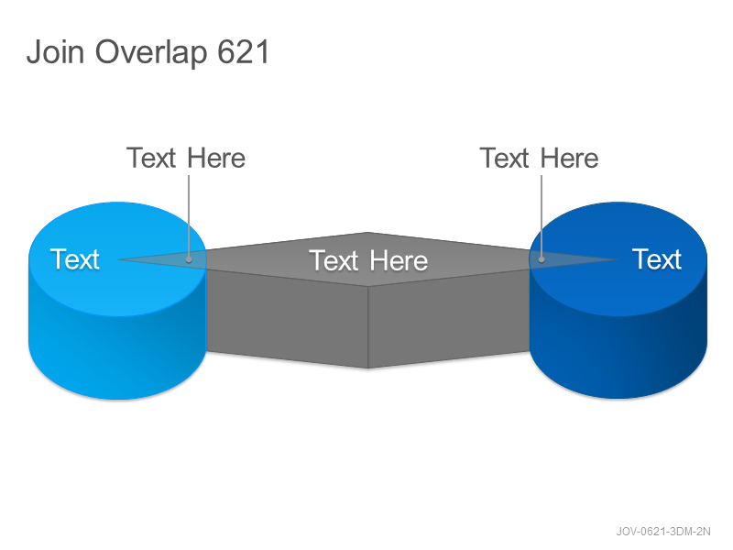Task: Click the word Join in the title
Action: pos(55,51)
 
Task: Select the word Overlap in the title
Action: pos(151,52)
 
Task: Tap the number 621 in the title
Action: pos(244,51)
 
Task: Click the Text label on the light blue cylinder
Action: pos(75,259)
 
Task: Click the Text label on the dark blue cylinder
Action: pos(657,259)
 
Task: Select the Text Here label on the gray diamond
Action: pos(368,260)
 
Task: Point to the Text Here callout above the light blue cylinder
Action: pos(186,158)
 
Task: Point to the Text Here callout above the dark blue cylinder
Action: pos(539,158)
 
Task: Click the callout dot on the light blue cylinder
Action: pos(189,259)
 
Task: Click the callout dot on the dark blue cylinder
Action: pos(542,259)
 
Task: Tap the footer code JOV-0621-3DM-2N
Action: pos(663,532)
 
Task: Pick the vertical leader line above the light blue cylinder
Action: pos(189,215)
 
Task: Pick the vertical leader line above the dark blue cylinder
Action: pos(542,215)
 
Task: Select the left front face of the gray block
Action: pos(286,319)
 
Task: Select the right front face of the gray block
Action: pos(449,319)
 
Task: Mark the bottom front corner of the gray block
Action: pos(368,368)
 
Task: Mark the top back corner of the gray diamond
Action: pos(368,233)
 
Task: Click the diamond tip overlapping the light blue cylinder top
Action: pos(119,259)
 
